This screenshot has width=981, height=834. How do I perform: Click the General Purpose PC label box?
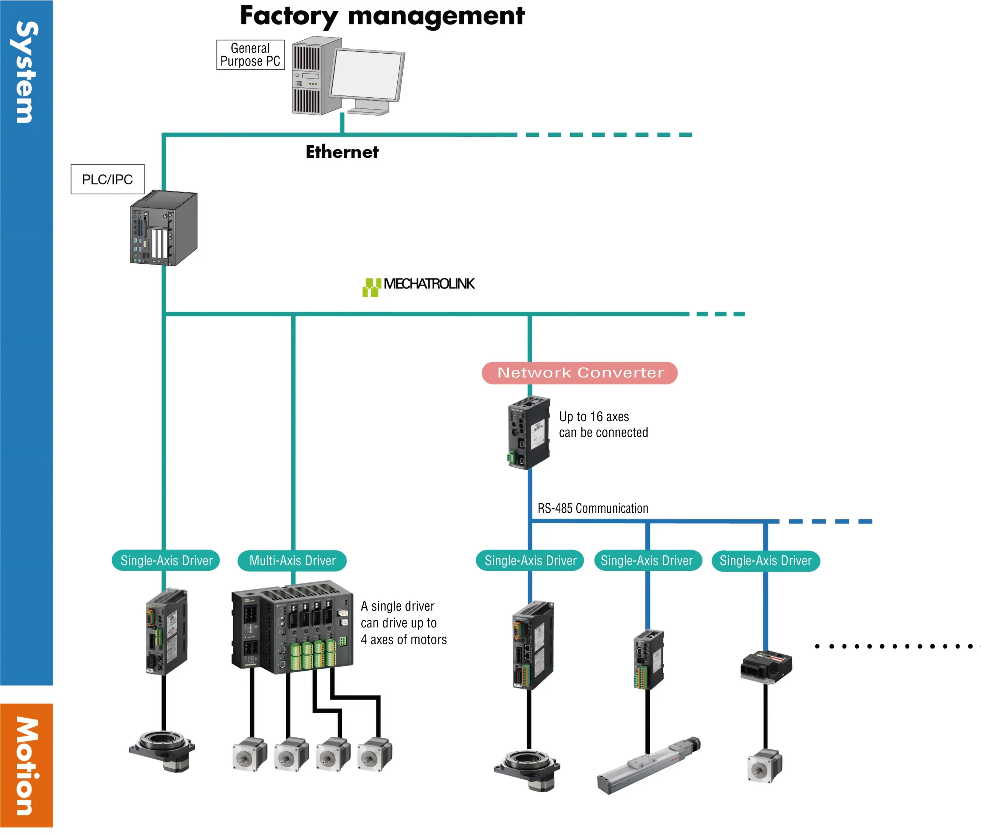[x=251, y=55]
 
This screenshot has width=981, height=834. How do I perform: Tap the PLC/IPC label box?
[x=107, y=179]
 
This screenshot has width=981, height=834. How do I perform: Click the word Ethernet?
[x=342, y=152]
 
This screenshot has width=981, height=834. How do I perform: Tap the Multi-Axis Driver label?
[x=292, y=561]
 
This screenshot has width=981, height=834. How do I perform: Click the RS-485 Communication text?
[x=592, y=509]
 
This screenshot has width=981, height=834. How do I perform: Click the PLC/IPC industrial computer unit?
[x=164, y=228]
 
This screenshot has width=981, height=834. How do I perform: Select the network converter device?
[x=529, y=432]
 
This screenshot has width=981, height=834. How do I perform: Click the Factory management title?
[x=382, y=16]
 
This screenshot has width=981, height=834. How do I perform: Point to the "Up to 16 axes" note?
[x=594, y=417]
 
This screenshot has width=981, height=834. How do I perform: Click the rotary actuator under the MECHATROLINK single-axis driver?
[x=162, y=751]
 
